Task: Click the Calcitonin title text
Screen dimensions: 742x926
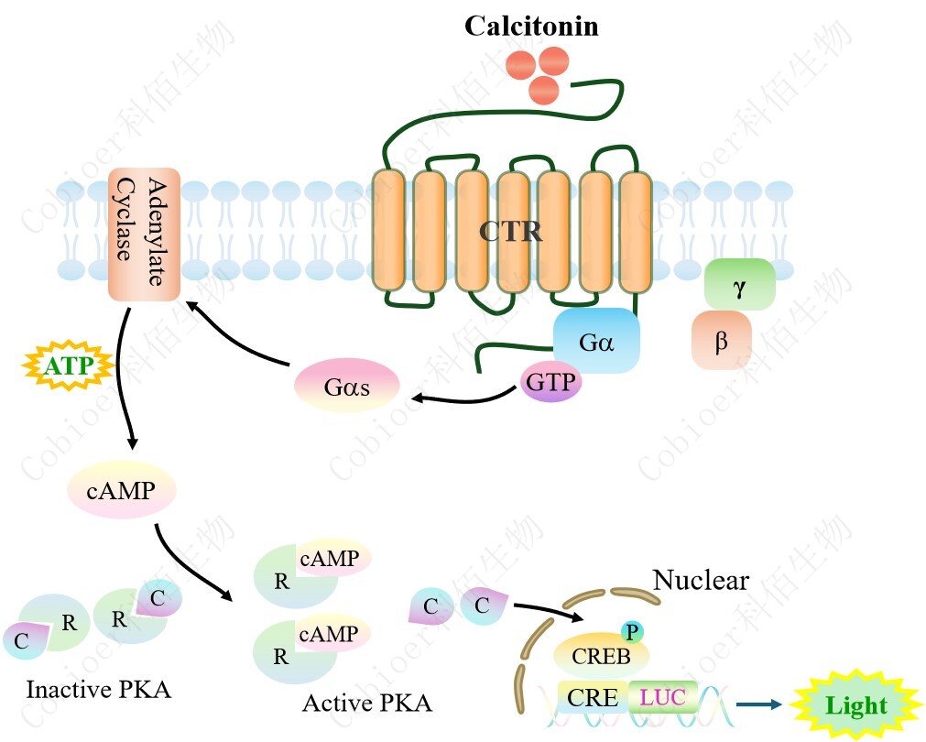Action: (x=531, y=26)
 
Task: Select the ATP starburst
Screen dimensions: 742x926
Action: (x=67, y=367)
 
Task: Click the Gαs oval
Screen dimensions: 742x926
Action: (x=346, y=387)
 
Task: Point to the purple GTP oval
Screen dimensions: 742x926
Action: (x=551, y=382)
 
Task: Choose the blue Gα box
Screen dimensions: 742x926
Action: (x=595, y=341)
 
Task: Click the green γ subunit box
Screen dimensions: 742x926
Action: (x=739, y=284)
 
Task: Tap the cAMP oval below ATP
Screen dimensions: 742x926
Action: (x=121, y=490)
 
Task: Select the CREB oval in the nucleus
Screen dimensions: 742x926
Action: (x=600, y=656)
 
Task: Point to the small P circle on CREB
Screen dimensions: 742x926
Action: (x=630, y=630)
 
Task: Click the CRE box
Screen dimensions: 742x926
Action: (x=594, y=697)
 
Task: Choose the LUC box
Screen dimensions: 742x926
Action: (x=662, y=697)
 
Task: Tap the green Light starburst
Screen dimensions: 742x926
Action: (x=855, y=705)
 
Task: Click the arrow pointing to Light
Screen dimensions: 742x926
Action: (x=760, y=704)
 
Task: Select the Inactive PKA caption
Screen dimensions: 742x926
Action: (x=98, y=689)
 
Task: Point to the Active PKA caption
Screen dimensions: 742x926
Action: (x=366, y=704)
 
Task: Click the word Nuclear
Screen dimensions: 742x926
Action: (x=701, y=580)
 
